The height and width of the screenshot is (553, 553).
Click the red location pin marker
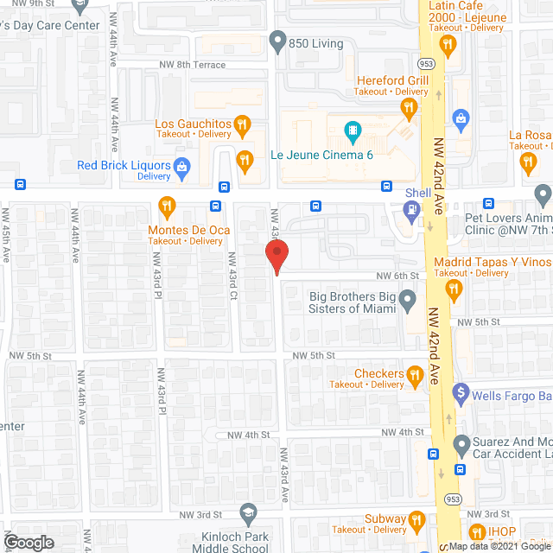[x=276, y=256]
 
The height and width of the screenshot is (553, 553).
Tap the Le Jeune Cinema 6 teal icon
[x=353, y=133]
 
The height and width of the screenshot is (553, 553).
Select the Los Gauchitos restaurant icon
[x=244, y=124]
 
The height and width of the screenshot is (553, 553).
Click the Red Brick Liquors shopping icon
[x=181, y=166]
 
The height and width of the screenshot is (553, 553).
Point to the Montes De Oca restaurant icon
[x=168, y=206]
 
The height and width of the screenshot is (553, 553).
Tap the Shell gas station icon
[x=412, y=208]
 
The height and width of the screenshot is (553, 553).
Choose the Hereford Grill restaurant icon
[x=409, y=107]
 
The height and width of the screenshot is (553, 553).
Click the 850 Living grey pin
[x=276, y=40]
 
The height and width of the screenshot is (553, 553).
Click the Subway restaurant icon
[x=416, y=519]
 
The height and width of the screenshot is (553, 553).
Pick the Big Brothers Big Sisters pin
[x=410, y=301]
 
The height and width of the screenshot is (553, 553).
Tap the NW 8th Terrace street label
[x=192, y=65]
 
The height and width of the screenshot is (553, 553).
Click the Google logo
[x=27, y=542]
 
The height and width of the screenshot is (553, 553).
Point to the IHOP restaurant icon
[x=475, y=531]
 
